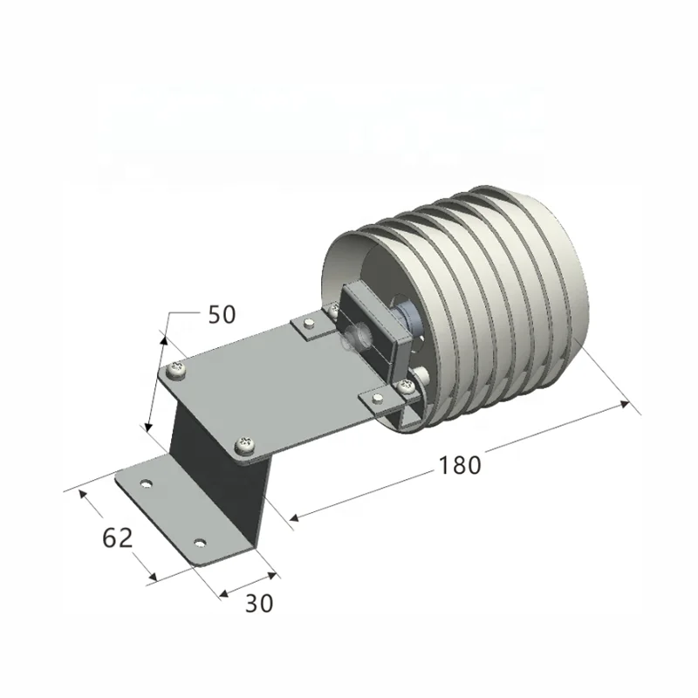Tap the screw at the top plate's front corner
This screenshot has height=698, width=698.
coord(246,445)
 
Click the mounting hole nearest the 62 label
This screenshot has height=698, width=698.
coord(146,482)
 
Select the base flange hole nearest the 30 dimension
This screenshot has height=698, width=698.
coord(201,543)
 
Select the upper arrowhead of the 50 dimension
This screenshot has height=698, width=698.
coord(164,336)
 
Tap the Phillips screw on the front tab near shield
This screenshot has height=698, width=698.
coord(405,385)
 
